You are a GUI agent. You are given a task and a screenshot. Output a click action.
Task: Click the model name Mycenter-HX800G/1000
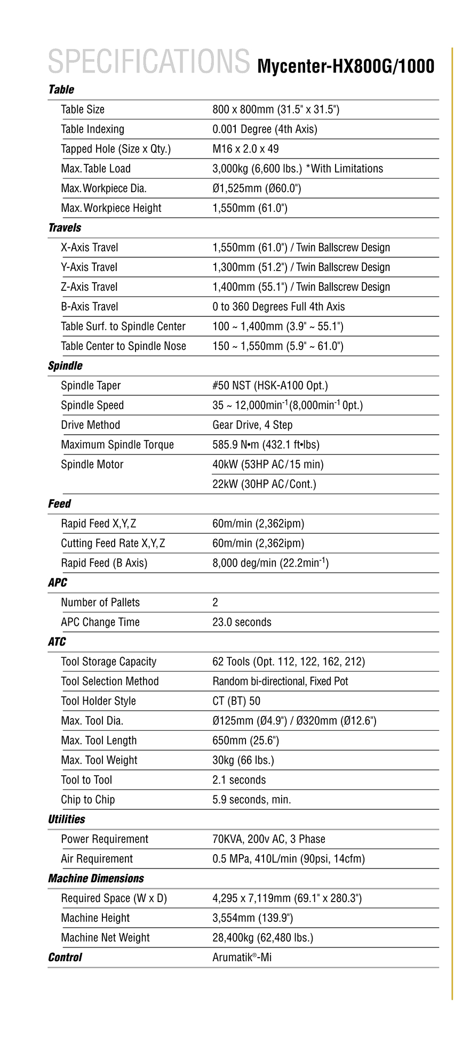[x=345, y=67]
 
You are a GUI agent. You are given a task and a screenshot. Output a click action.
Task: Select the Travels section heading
[x=65, y=228]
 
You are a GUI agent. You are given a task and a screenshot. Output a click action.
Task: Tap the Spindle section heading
[x=65, y=366]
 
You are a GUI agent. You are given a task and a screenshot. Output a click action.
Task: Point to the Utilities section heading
[x=66, y=819]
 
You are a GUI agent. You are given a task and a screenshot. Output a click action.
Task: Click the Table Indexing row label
[x=92, y=129]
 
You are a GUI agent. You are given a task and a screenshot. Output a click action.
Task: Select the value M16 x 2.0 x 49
[x=245, y=149]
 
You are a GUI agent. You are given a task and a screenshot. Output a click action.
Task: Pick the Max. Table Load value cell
[x=297, y=169]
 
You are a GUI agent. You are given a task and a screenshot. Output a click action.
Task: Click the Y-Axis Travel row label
[x=89, y=267]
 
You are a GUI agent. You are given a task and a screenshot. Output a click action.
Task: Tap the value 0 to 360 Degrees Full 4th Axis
[x=278, y=307]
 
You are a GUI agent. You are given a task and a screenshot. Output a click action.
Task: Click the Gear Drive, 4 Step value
[x=252, y=425]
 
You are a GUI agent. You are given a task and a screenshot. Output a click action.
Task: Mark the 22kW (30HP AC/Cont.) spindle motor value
[x=264, y=484]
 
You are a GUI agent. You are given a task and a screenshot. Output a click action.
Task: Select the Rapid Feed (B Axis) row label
[x=104, y=563]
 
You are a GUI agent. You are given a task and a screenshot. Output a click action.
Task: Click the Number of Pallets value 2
[x=215, y=603]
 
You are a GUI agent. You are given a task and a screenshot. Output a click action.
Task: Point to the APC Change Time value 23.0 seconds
[x=242, y=623]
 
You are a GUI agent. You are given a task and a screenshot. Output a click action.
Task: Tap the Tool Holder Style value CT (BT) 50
[x=236, y=702]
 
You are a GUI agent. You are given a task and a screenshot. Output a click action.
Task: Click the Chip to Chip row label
[x=87, y=800]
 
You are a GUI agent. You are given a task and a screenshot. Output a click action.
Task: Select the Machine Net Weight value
[x=262, y=938]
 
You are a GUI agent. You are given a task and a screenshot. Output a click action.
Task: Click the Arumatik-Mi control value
[x=242, y=958]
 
